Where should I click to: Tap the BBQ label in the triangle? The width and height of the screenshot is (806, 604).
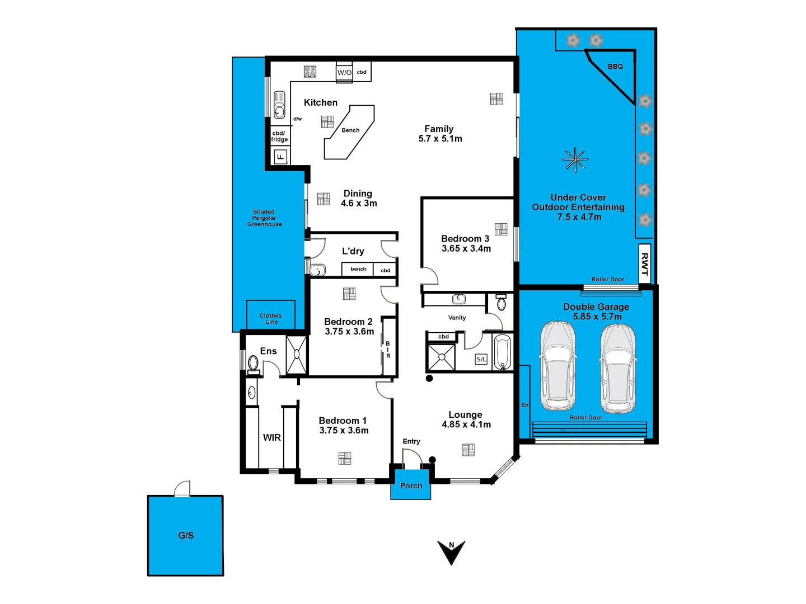[615, 67]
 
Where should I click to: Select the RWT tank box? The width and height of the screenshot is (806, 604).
[644, 264]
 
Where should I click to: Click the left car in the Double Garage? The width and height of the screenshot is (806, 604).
[557, 366]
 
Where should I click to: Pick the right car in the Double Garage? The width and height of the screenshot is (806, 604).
[617, 367]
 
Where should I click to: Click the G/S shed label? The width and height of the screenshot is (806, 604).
[186, 535]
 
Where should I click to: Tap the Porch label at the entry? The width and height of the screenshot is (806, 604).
[411, 485]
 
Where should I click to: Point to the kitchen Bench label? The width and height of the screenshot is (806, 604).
[350, 130]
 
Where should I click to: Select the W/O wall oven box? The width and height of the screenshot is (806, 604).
[344, 73]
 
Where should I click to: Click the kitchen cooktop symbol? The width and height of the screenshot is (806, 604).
[310, 72]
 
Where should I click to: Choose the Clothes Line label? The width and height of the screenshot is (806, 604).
[271, 319]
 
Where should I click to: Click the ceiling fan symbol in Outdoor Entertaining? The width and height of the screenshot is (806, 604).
[575, 160]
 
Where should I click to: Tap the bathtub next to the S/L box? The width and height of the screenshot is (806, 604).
[502, 352]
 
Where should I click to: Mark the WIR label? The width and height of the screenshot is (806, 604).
[272, 437]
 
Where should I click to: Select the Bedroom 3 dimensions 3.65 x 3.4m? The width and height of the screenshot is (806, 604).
[466, 248]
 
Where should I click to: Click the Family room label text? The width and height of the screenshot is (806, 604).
[439, 129]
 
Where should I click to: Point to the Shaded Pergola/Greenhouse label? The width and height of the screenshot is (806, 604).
[264, 218]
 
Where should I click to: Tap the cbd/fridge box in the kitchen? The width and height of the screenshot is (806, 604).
[279, 136]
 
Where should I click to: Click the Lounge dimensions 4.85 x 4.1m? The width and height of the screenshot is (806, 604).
[466, 424]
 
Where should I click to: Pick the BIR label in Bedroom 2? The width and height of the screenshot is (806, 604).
[388, 350]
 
